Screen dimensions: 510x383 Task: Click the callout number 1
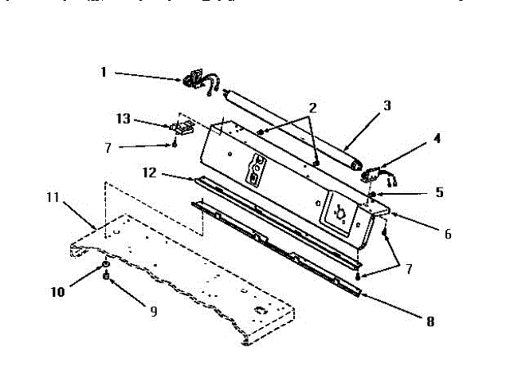[x=104, y=71]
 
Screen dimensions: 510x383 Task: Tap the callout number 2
[x=313, y=107]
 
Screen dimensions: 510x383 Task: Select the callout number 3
[x=387, y=105]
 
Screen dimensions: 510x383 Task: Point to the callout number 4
[x=436, y=137]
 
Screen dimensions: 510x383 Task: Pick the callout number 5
[x=440, y=192]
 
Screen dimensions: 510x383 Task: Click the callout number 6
[x=448, y=234]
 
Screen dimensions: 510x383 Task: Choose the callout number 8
[x=431, y=322]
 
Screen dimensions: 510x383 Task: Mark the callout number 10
[x=59, y=291]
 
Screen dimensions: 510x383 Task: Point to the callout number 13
[x=123, y=119]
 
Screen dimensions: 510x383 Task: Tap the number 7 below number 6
[x=409, y=268]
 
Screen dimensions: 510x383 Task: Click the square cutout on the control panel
[x=338, y=211]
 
